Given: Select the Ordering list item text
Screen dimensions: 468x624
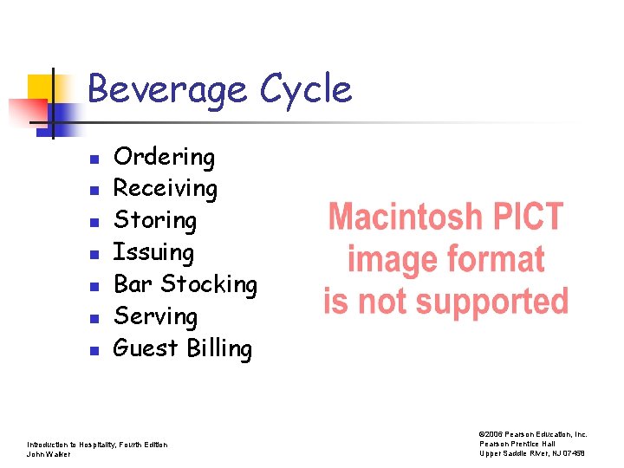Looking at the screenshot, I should coord(164,157).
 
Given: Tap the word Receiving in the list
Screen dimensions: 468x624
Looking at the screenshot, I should coord(166,189).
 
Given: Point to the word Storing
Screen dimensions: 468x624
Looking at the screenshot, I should coord(155,220).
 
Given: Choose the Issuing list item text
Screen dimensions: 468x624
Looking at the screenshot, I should coord(153,252).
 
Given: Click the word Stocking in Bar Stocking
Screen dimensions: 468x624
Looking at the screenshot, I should coord(209,284).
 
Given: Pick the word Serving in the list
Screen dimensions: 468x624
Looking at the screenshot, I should coord(156,316).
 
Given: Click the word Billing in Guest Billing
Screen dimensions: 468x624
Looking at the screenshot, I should coord(218,348).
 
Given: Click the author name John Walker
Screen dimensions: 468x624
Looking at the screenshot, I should coord(48,454).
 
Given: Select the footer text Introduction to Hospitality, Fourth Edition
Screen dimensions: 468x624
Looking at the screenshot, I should coord(97,445).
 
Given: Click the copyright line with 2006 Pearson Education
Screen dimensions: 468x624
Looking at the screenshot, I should coord(533,434).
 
